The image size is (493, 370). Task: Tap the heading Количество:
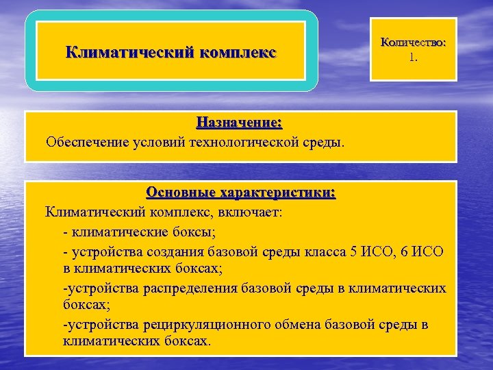point(413,42)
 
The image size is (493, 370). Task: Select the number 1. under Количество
point(413,58)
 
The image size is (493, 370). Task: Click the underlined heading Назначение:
point(239,123)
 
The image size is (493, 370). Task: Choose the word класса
point(321,252)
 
